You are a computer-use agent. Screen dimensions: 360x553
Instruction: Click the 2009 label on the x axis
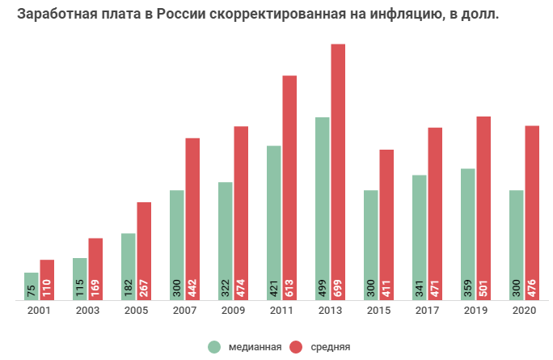pyautogui.click(x=233, y=311)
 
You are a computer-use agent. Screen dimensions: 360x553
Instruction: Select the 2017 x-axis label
pyautogui.click(x=427, y=311)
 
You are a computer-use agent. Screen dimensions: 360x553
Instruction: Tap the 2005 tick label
pyautogui.click(x=136, y=311)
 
